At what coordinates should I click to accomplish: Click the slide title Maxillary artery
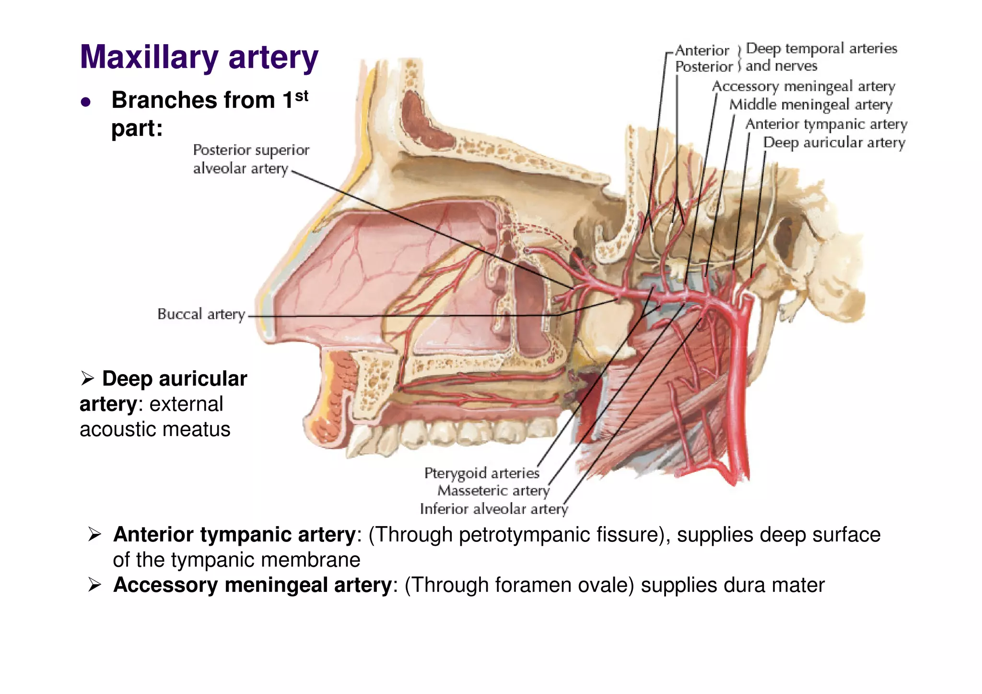coord(199,58)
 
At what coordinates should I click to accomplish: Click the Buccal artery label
coord(201,314)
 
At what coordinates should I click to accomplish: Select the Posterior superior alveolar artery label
coord(251,159)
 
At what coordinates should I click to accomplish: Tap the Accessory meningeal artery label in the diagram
coord(804,86)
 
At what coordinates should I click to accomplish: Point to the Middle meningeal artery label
coord(810,105)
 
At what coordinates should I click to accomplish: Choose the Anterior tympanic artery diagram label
coord(826,124)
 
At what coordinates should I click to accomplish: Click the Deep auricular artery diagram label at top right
coord(834,142)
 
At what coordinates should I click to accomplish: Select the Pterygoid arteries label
coord(481,473)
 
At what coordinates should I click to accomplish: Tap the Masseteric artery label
coord(493,491)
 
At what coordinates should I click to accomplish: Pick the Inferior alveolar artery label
coord(493,509)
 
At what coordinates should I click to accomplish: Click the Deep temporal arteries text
coord(821,48)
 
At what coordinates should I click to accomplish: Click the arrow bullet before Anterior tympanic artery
coord(94,534)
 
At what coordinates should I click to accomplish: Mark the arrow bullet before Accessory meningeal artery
coord(94,585)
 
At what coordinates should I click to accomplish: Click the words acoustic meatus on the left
coord(155,429)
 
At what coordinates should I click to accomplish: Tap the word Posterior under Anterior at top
coord(704,67)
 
